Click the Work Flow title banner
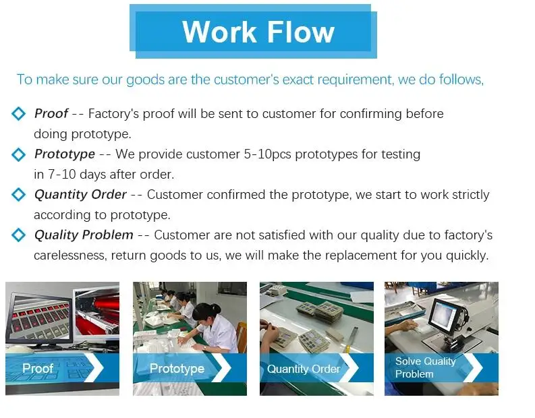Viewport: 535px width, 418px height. coord(253,32)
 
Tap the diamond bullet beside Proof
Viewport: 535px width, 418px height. coord(18,113)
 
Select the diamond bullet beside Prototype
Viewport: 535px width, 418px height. coord(18,154)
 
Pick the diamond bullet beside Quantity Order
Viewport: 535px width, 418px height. coord(18,195)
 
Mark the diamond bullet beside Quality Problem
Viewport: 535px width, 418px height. coord(18,235)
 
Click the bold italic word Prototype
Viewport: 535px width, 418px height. coord(65,154)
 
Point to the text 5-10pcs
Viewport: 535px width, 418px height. coord(267,154)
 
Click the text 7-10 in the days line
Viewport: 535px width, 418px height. coord(61,175)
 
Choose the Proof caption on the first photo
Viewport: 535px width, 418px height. coord(38,368)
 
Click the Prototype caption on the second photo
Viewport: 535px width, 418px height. coord(177,369)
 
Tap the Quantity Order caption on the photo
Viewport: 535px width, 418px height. coord(304,369)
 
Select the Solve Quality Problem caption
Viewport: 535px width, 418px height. coord(425,367)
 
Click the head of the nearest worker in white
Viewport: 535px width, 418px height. coord(204,311)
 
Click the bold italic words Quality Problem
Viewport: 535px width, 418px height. coord(84,235)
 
